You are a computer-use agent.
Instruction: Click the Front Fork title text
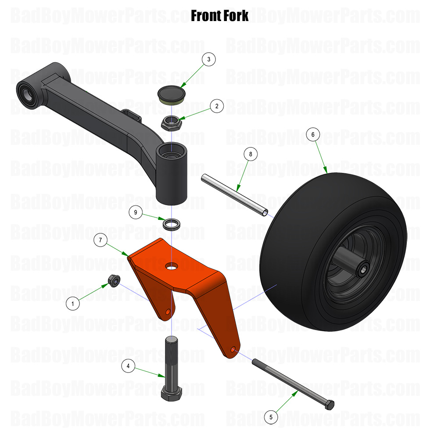click(x=219, y=16)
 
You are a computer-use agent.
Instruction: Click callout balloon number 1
click(x=73, y=302)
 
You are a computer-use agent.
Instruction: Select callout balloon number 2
click(x=217, y=106)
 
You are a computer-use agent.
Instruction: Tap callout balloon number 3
click(x=209, y=59)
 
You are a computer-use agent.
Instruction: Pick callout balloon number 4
click(x=128, y=365)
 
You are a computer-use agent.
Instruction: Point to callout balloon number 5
click(x=271, y=416)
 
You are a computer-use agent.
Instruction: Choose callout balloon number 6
click(x=313, y=134)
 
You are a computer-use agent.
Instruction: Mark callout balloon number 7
click(x=100, y=240)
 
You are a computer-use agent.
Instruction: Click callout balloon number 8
click(x=250, y=154)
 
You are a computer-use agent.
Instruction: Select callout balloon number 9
click(x=136, y=212)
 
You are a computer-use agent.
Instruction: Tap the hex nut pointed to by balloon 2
click(x=170, y=122)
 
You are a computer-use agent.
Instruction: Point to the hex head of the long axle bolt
click(x=329, y=404)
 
